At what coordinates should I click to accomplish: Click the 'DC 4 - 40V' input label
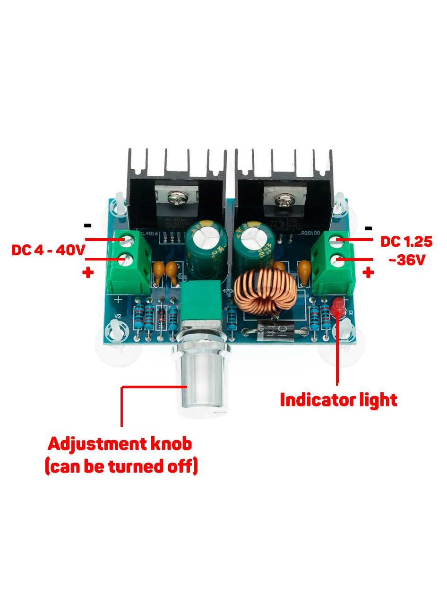pyautogui.click(x=48, y=250)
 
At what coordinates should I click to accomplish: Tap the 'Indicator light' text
pyautogui.click(x=338, y=400)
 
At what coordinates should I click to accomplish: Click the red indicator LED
pyautogui.click(x=337, y=307)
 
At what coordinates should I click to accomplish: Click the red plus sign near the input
pyautogui.click(x=88, y=273)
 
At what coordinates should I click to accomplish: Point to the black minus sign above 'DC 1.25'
pyautogui.click(x=369, y=229)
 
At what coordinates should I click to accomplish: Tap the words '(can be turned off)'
pyautogui.click(x=121, y=467)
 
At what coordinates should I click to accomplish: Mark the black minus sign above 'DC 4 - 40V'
pyautogui.click(x=88, y=225)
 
